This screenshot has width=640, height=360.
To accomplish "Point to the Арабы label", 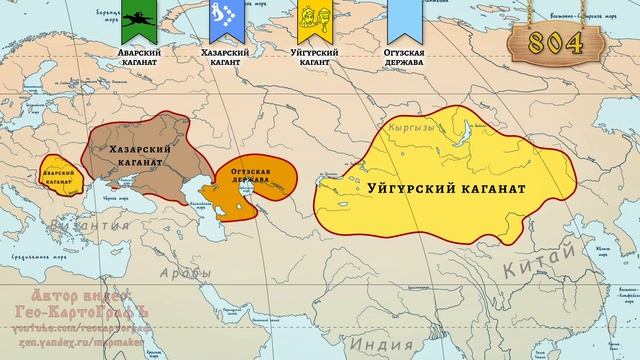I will point(178,271).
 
